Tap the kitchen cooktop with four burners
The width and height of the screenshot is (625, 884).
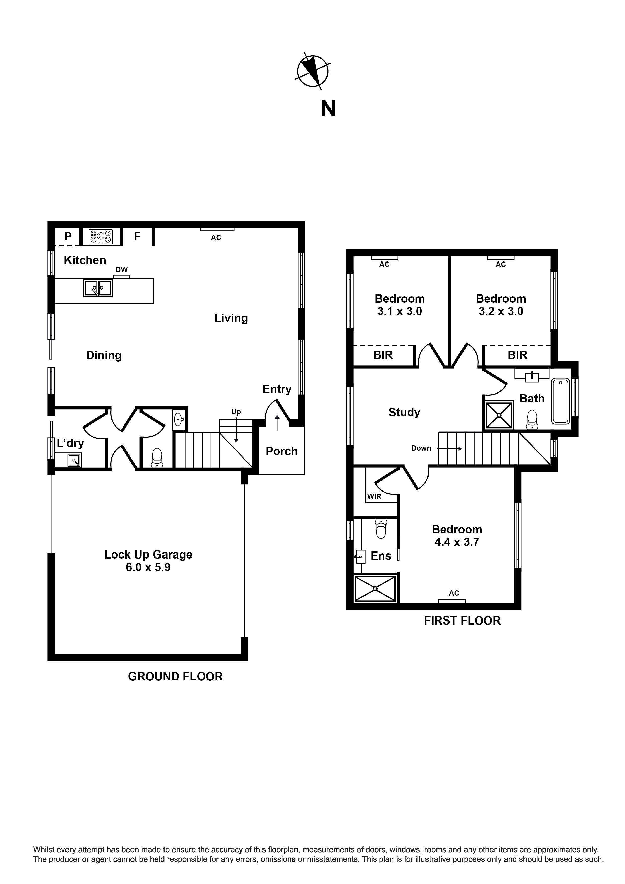click(101, 237)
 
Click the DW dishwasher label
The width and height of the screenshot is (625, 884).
click(122, 270)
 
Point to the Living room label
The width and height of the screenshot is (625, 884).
click(231, 318)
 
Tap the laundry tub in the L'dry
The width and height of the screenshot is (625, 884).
click(74, 460)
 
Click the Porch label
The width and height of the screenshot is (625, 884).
click(281, 451)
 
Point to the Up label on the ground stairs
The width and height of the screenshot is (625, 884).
click(236, 412)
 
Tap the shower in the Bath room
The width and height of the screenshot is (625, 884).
click(499, 415)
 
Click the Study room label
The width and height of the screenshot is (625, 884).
click(404, 412)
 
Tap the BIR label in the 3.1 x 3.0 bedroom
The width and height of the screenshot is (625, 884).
click(383, 355)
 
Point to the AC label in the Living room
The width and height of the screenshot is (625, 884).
click(216, 238)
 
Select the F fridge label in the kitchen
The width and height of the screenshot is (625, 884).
click(137, 236)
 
